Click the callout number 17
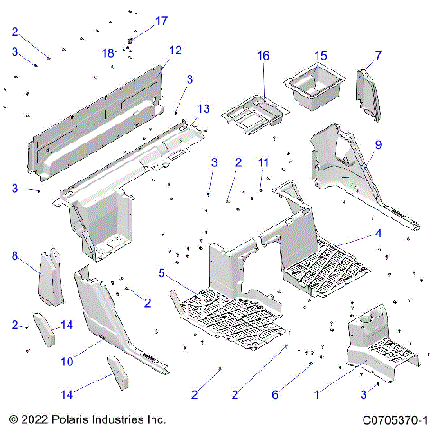pos(161,20)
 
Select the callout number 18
pos(108,52)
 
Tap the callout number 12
pos(175,50)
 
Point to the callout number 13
pos(204,108)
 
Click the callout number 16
pos(263,56)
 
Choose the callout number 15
pos(320,56)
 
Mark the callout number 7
pos(378,56)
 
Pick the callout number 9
pos(378,144)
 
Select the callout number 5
pos(161,272)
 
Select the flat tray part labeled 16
pos(253,113)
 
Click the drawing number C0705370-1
pos(394,420)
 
